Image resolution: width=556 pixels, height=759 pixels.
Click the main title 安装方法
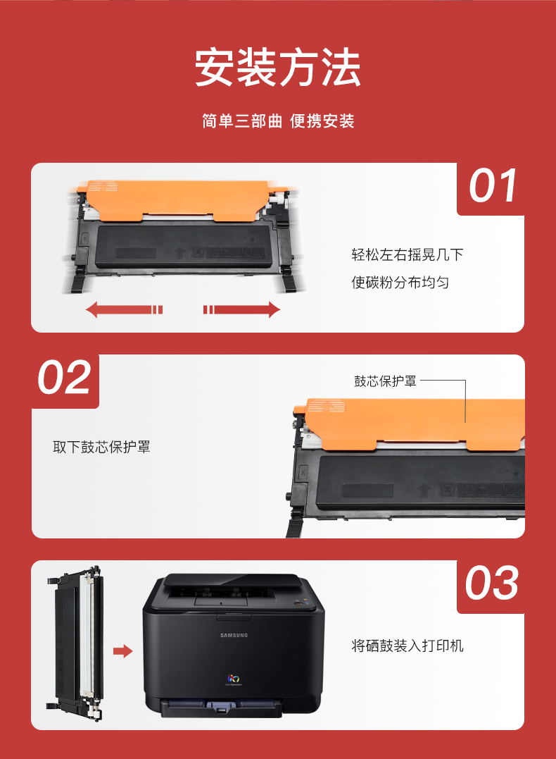tap(277, 67)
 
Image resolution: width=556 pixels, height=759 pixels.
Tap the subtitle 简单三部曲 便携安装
tap(278, 121)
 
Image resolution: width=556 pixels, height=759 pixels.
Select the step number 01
tap(493, 186)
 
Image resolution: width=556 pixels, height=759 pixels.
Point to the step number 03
tap(492, 583)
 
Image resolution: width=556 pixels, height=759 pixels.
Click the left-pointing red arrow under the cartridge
tap(124, 309)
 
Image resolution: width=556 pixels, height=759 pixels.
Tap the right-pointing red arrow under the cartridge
tap(241, 309)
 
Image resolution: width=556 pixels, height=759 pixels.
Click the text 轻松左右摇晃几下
tap(407, 254)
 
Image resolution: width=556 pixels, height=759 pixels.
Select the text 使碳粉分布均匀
tap(400, 282)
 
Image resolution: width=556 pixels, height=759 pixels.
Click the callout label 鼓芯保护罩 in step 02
tap(385, 381)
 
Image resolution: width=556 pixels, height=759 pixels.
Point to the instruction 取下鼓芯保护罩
tap(101, 447)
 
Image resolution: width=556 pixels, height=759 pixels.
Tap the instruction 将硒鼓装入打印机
tap(407, 646)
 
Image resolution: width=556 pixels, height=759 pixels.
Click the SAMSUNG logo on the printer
tap(234, 635)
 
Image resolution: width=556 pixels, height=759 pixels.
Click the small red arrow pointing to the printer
tap(122, 651)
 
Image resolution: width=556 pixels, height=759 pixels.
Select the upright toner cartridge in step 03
tap(75, 642)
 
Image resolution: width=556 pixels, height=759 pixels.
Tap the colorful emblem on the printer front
tap(234, 679)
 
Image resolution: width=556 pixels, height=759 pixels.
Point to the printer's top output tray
tap(232, 588)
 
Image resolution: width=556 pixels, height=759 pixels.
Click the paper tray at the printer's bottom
tap(222, 708)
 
